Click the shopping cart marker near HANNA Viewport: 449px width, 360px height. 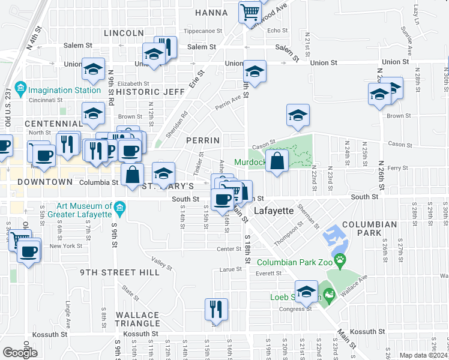click(x=249, y=11)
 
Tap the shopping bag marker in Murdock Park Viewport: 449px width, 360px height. click(x=276, y=161)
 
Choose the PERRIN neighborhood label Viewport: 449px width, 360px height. click(x=203, y=140)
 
